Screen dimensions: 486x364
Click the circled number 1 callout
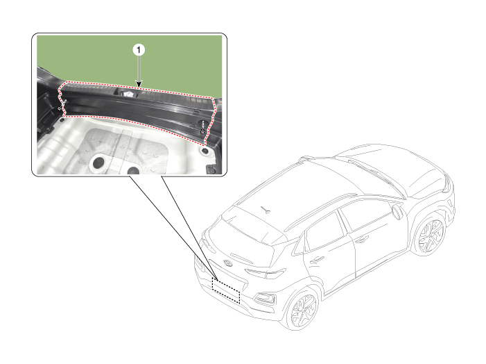pos(139,50)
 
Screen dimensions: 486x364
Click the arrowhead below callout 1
pos(139,84)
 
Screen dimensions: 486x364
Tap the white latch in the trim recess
pos(128,93)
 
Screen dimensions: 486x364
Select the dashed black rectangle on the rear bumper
pos(225,290)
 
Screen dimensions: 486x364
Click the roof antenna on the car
pos(266,210)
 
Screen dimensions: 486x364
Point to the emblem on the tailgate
pos(228,263)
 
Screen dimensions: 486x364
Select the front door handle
pos(362,240)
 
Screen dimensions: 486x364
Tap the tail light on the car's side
pos(265,273)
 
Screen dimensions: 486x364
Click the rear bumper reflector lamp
pos(265,299)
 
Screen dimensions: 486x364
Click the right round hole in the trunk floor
pos(133,170)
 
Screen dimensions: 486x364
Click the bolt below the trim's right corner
pos(205,151)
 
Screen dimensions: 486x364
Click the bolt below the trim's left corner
pos(62,120)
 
